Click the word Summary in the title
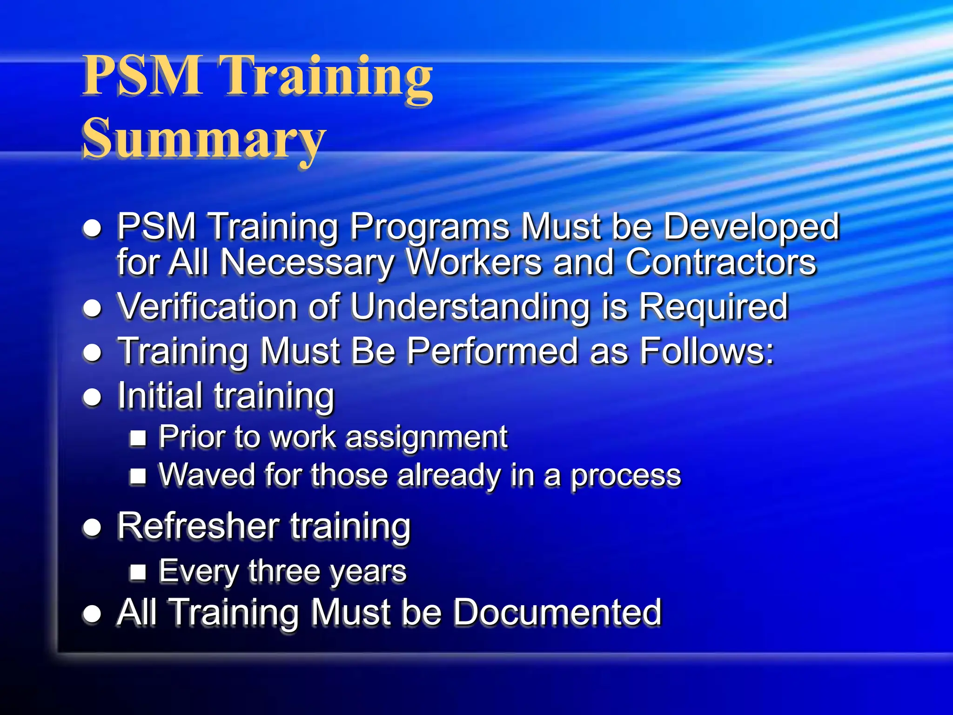tap(204, 138)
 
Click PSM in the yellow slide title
tap(142, 75)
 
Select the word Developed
tap(752, 227)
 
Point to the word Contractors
tap(721, 263)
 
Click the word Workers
tap(474, 263)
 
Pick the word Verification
tap(207, 307)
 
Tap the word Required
tap(713, 307)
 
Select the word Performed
tap(492, 351)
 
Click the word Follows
tap(707, 351)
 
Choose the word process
tap(626, 476)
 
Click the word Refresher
tap(198, 526)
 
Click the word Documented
tap(557, 612)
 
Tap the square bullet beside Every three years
tap(138, 572)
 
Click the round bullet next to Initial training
tap(92, 397)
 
